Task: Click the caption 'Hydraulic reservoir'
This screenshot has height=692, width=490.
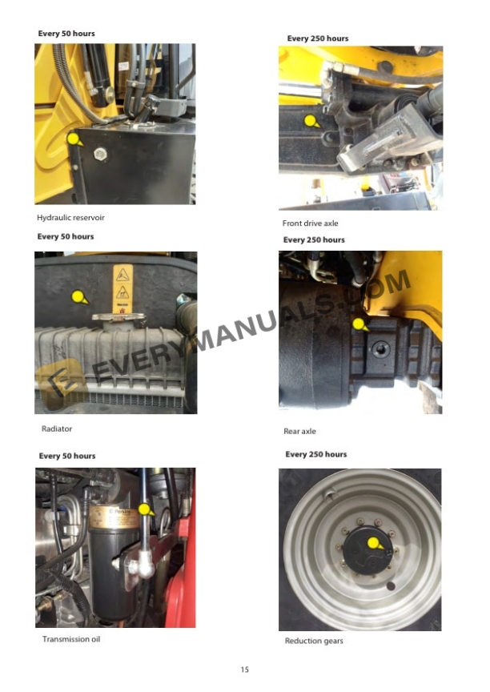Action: tap(70, 218)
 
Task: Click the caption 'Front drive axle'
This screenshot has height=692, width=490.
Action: tap(311, 223)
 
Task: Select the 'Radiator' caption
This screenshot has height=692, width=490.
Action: tap(57, 429)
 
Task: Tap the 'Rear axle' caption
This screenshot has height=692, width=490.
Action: tap(300, 432)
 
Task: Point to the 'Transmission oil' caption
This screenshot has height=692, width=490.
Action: tap(71, 639)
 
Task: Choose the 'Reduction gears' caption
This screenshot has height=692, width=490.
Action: tap(314, 642)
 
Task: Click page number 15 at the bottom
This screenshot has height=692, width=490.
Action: tap(245, 670)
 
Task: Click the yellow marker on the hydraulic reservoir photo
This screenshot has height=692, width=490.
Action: tap(74, 139)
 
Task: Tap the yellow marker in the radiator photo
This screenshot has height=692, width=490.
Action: tap(78, 297)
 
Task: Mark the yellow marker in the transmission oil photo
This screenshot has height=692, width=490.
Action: tap(144, 509)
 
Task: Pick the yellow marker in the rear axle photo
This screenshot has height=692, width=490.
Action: tap(359, 324)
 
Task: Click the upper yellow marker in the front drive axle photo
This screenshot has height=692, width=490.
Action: tap(311, 121)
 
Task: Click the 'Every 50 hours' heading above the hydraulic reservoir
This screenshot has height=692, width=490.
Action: tap(66, 34)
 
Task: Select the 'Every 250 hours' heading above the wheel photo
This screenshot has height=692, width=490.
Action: tap(316, 454)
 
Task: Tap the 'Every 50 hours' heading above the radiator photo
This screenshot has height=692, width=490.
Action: tap(66, 236)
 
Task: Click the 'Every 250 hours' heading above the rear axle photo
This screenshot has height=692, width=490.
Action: tap(314, 239)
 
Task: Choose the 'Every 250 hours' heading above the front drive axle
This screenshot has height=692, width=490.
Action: tap(318, 38)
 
